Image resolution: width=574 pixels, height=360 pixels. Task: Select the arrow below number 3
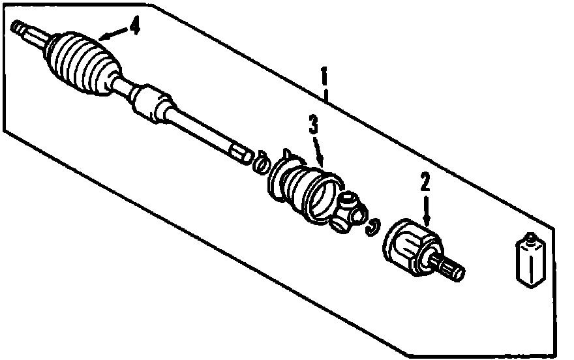(x=319, y=149)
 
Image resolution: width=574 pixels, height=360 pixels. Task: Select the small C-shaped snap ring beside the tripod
(x=374, y=226)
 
